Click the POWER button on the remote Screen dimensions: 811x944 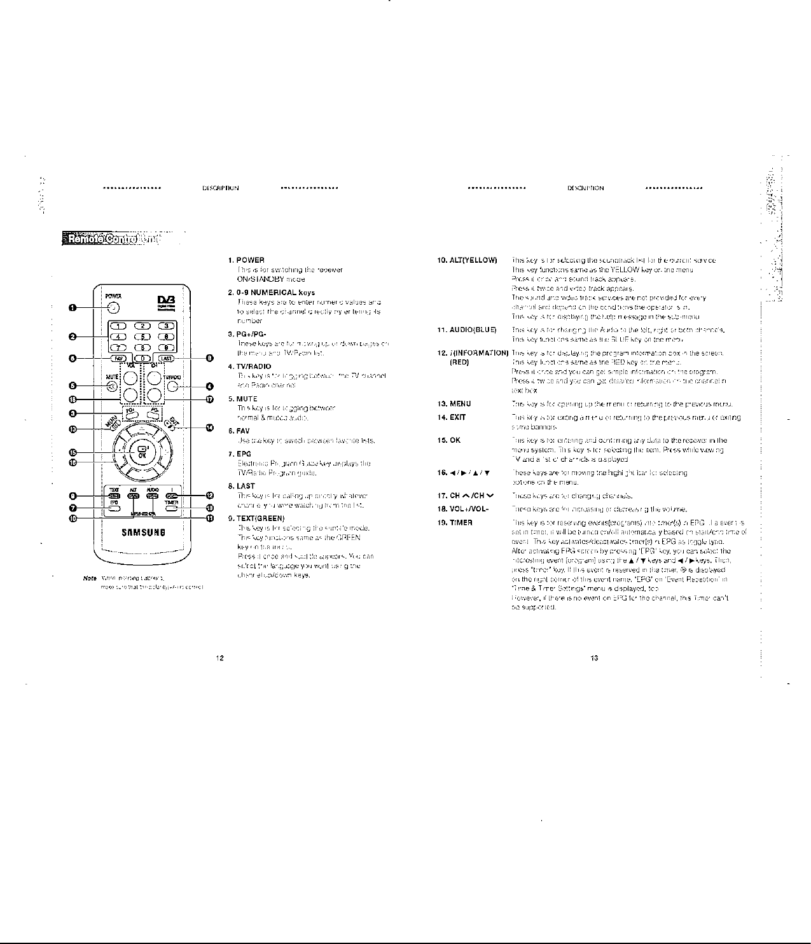113,308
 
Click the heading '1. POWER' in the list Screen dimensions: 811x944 246,260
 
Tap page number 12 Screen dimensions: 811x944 219,658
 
